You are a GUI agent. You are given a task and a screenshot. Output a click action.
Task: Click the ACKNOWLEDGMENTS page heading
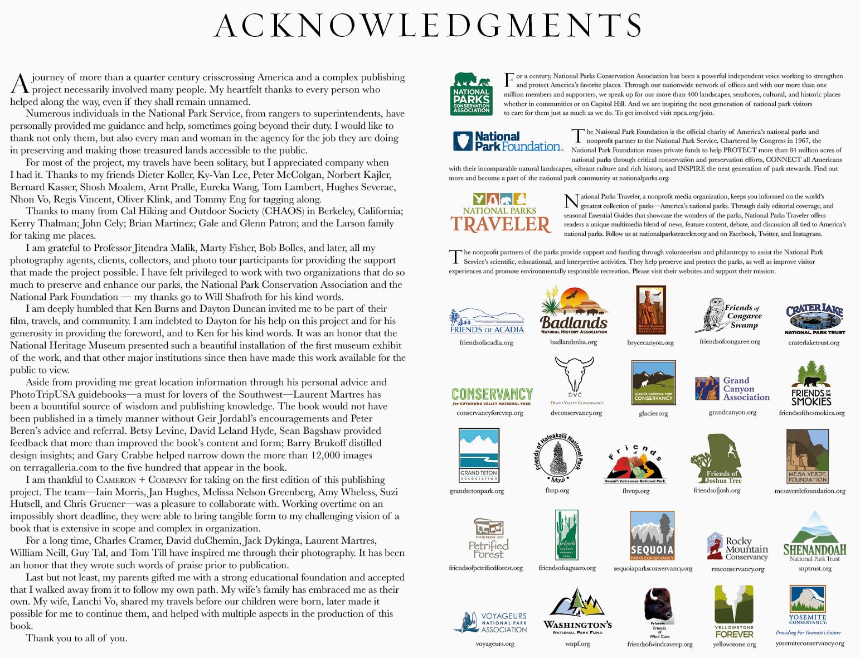[429, 26]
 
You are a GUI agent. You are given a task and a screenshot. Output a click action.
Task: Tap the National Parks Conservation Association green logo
[471, 94]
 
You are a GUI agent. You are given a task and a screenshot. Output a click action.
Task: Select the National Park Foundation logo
[508, 142]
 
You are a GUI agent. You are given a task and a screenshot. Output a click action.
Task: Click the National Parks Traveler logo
[501, 213]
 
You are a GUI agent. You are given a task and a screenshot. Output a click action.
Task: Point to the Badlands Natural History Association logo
[574, 311]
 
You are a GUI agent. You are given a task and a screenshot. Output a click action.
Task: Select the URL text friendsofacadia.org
[486, 342]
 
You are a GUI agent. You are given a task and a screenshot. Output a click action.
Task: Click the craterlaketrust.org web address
[814, 342]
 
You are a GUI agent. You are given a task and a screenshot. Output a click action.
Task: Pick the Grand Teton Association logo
[478, 455]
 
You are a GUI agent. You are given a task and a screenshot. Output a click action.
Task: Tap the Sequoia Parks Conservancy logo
[652, 535]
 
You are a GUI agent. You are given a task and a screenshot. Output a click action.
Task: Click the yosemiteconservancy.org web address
[810, 643]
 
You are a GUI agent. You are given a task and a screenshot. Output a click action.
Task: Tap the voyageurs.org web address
[494, 644]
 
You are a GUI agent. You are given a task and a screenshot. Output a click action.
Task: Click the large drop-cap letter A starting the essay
[20, 84]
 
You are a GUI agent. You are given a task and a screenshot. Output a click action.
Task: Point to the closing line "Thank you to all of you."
[76, 638]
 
